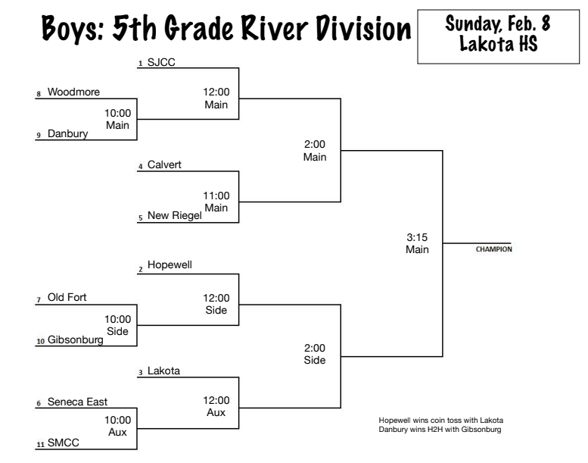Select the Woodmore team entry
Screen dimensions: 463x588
73,92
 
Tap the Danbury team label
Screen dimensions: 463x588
67,134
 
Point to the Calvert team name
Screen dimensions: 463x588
164,164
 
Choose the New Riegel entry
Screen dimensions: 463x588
174,216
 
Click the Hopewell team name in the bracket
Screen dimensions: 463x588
170,267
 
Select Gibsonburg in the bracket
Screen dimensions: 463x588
75,340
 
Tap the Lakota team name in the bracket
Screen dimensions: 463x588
163,371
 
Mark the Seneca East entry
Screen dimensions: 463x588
77,402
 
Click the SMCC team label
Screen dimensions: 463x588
62,444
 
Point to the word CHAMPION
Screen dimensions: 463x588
493,249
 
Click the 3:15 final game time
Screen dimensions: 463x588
417,237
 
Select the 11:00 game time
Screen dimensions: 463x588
216,196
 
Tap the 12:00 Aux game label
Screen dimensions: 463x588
216,405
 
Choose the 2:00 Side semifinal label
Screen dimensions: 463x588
315,353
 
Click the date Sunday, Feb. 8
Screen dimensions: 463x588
497,23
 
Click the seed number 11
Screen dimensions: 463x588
40,446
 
